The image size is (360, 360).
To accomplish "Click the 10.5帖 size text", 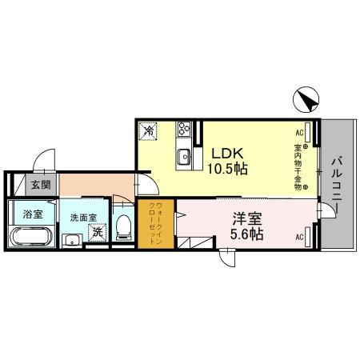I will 227,169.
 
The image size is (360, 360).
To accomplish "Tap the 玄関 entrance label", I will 40,185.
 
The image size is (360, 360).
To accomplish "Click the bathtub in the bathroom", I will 32,238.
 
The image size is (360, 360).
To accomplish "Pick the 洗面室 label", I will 82,217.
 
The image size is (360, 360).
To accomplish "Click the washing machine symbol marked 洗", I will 96,234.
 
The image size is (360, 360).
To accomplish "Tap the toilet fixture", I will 123,226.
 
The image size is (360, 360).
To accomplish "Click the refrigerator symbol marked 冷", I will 149,130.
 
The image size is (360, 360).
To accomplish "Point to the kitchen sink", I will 184,155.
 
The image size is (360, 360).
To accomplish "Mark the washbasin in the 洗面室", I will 71,238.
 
